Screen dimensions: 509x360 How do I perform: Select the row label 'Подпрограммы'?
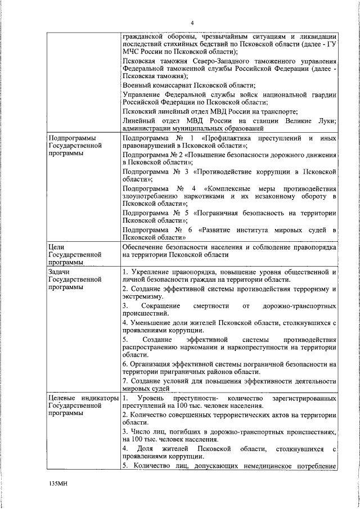(71, 137)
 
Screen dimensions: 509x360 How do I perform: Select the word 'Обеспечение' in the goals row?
(145, 246)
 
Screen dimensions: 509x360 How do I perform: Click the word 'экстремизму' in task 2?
(143, 296)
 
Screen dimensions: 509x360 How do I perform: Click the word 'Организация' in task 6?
(151, 364)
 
